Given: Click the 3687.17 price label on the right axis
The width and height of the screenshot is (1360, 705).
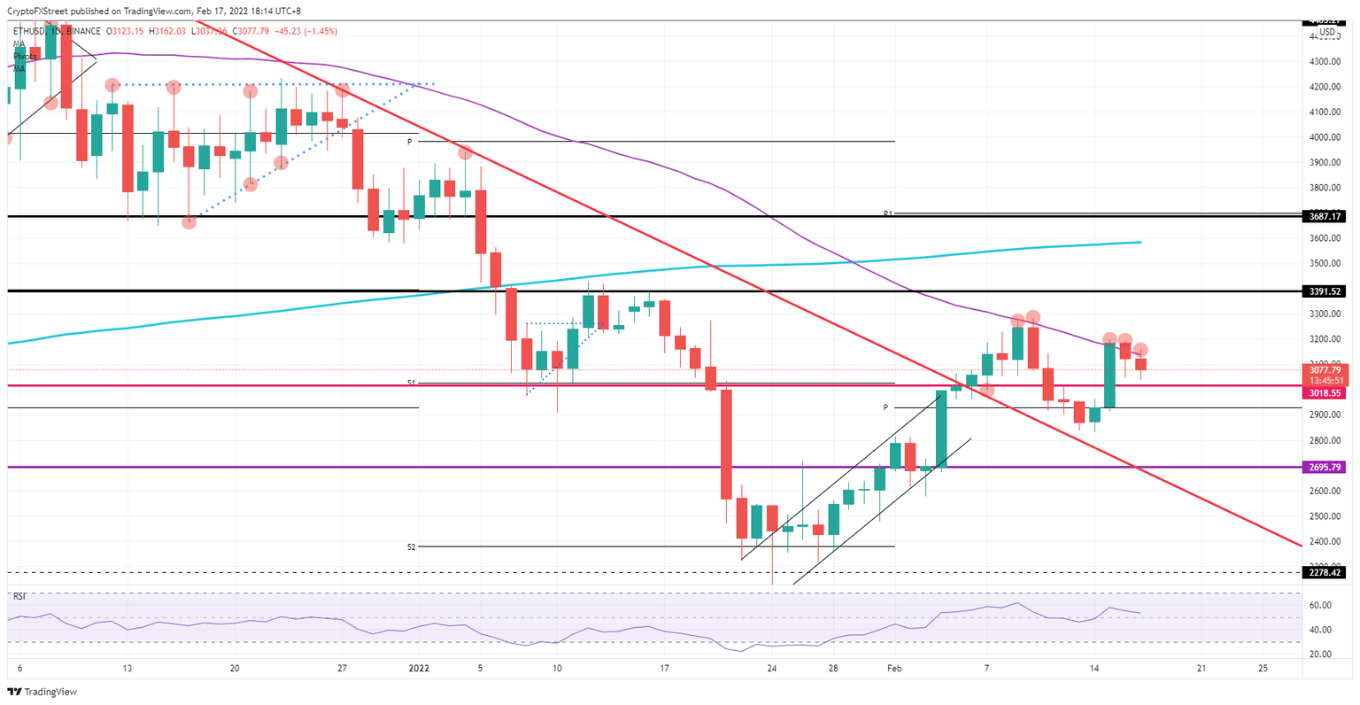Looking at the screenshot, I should point(1325,216).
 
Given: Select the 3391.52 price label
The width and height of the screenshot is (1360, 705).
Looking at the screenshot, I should point(1325,291).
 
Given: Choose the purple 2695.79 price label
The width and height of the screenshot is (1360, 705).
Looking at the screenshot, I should point(1325,467).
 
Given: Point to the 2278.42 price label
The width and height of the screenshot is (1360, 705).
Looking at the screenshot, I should point(1325,572).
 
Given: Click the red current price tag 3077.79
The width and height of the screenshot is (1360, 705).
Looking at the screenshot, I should point(1325,369).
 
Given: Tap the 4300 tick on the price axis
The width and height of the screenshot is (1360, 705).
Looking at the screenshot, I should point(1325,62).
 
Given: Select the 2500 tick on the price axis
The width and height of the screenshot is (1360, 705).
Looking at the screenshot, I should point(1325,516).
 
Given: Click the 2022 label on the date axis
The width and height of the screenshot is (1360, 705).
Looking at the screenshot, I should point(418,669).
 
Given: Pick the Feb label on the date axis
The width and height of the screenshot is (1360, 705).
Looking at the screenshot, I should point(894,669).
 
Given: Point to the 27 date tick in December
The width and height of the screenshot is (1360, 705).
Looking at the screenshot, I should point(342,669).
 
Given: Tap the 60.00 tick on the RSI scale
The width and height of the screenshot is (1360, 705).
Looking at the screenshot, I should point(1320,606).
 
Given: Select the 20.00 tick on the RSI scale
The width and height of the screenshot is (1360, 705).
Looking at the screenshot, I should point(1320,655).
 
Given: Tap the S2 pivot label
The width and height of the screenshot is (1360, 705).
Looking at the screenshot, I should point(411,547).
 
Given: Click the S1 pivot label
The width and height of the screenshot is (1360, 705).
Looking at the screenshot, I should point(411,383).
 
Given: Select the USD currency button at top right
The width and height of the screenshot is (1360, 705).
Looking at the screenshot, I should point(1326,33).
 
